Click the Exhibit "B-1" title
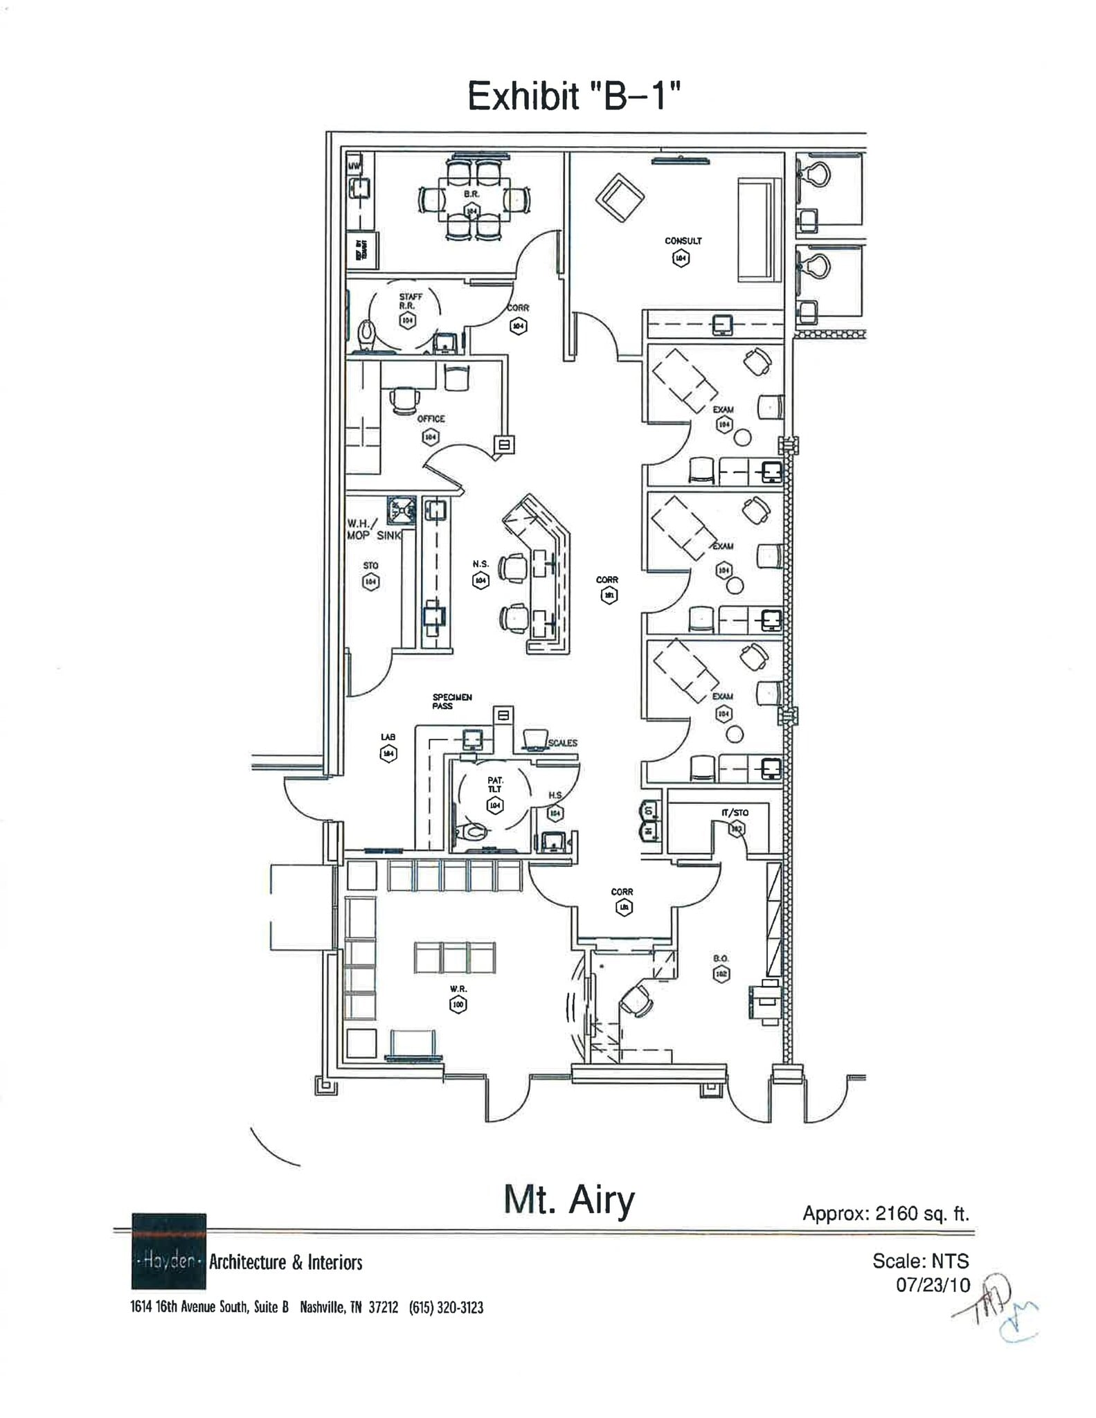click(x=573, y=96)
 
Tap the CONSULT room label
click(x=683, y=241)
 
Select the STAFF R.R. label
click(x=411, y=300)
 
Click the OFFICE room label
click(x=431, y=419)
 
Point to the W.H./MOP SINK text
click(x=374, y=530)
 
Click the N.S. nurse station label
click(x=480, y=564)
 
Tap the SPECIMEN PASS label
click(x=451, y=701)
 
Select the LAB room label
click(x=388, y=737)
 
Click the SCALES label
click(x=562, y=743)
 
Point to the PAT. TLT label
click(x=495, y=784)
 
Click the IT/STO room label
click(x=735, y=812)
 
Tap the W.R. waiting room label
click(x=458, y=989)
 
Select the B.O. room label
click(x=721, y=959)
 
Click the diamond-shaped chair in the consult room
click(x=620, y=198)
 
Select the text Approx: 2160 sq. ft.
click(x=885, y=1213)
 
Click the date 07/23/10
click(x=933, y=1285)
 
